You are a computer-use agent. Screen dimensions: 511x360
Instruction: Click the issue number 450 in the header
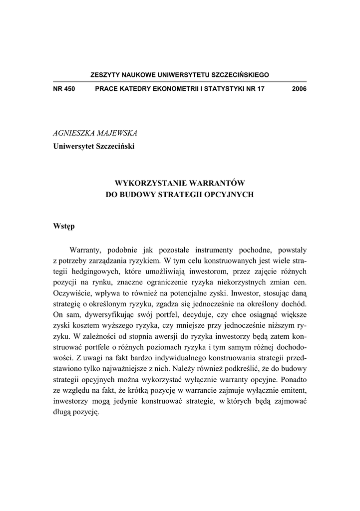tap(68, 89)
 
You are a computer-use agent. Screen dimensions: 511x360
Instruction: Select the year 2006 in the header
tap(299, 89)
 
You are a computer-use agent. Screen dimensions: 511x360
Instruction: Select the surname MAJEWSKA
tap(115, 133)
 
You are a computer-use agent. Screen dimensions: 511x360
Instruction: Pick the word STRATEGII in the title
tap(181, 195)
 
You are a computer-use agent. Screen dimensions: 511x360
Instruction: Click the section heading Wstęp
tap(64, 226)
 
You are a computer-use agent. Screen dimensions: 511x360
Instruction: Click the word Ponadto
tap(290, 381)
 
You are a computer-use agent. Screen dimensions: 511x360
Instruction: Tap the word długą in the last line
tap(63, 414)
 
